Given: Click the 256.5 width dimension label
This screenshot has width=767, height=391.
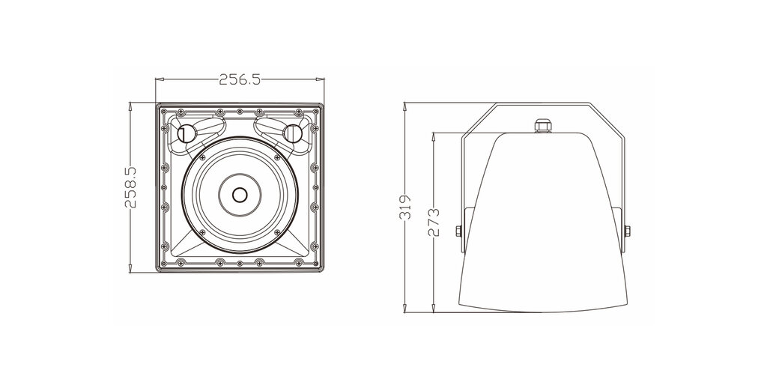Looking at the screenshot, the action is tap(240, 79).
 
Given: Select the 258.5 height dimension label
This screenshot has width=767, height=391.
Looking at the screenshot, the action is tap(130, 187).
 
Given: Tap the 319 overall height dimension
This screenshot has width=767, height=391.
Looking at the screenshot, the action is tap(406, 207).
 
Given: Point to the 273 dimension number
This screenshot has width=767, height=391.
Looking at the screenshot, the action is tap(434, 222).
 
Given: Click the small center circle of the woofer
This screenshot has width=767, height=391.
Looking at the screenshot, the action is tap(240, 195).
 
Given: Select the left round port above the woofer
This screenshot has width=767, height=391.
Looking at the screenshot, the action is tap(187, 133).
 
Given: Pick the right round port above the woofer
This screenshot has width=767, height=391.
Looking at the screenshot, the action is tap(293, 133).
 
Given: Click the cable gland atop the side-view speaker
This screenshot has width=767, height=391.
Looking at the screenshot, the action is tap(542, 125).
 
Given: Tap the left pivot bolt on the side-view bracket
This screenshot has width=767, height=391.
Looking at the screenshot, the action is tap(459, 231).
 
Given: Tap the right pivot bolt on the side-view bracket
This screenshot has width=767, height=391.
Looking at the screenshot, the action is tap(627, 231).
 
